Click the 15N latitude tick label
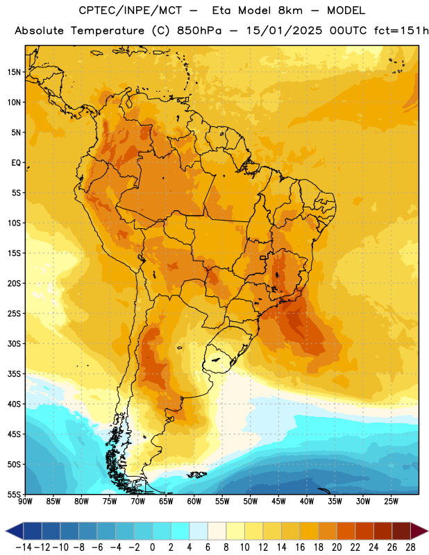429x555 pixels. pyautogui.click(x=14, y=72)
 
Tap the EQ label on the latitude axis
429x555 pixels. pyautogui.click(x=16, y=163)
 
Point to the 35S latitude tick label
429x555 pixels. pyautogui.click(x=14, y=374)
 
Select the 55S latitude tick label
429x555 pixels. pyautogui.click(x=14, y=494)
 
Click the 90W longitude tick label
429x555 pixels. pyautogui.click(x=25, y=502)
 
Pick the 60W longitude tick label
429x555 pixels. pyautogui.click(x=194, y=502)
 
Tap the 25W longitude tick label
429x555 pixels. pyautogui.click(x=391, y=502)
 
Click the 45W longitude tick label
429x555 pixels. pyautogui.click(x=279, y=502)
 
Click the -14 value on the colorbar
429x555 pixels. pyautogui.click(x=24, y=547)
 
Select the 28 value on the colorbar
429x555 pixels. pyautogui.click(x=410, y=547)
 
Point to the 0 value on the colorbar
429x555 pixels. pyautogui.click(x=152, y=547)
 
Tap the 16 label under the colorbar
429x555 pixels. pyautogui.click(x=300, y=547)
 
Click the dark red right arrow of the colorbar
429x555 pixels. pyautogui.click(x=419, y=531)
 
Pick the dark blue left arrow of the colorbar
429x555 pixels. pyautogui.click(x=15, y=531)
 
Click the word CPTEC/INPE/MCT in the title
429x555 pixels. pyautogui.click(x=131, y=10)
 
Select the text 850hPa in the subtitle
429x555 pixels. pyautogui.click(x=199, y=31)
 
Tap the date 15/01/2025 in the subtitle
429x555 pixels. pyautogui.click(x=285, y=31)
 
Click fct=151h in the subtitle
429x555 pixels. pyautogui.click(x=401, y=31)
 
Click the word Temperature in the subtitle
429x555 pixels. pyautogui.click(x=108, y=31)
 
